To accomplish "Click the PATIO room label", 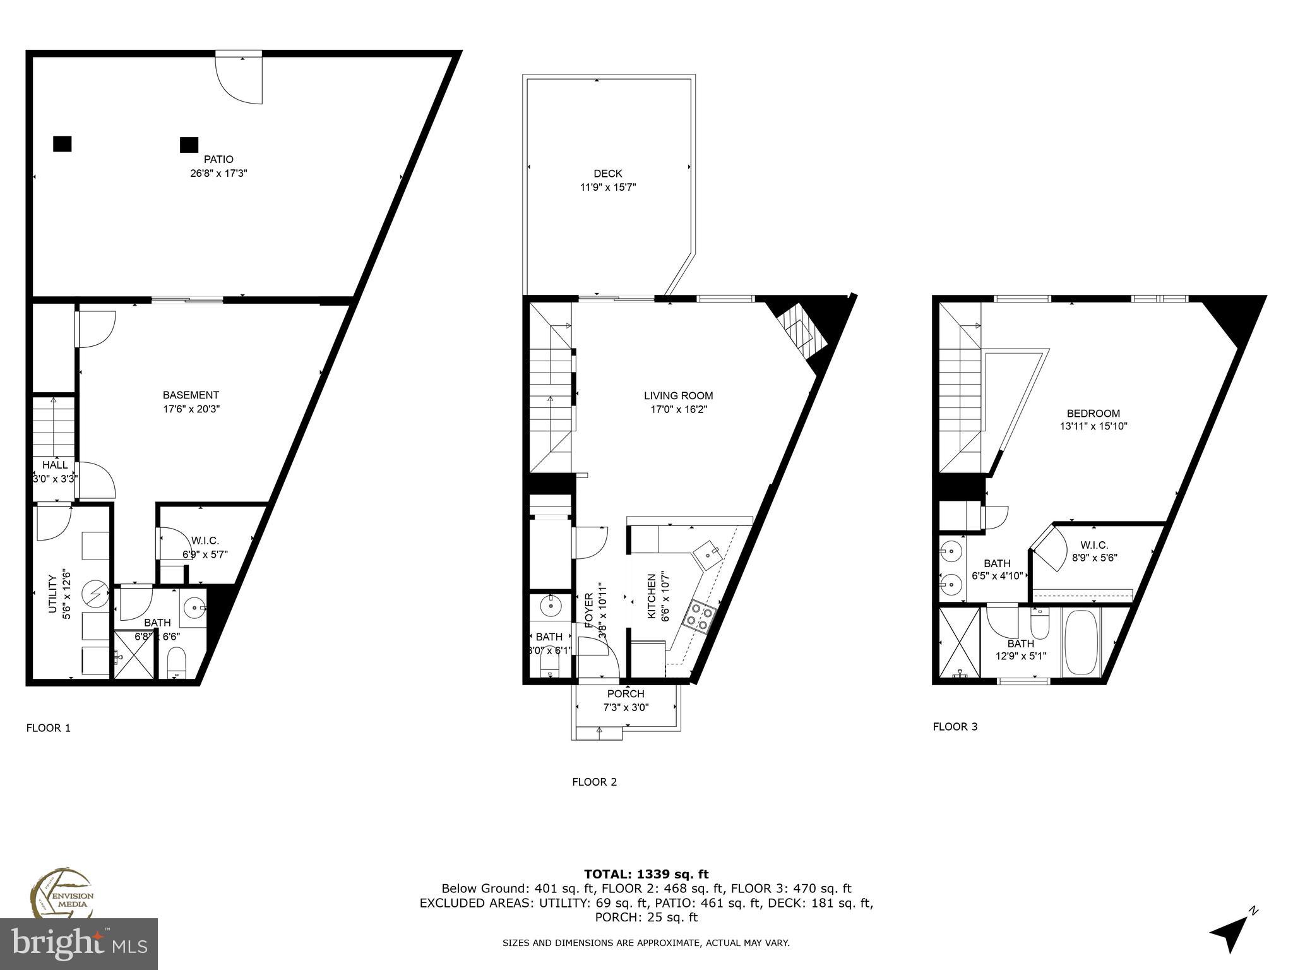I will tap(218, 160).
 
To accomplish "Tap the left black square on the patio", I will tap(62, 144).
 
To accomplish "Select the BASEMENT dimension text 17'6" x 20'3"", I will tap(191, 409).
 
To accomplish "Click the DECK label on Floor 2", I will tap(607, 174).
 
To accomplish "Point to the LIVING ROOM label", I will tap(678, 396).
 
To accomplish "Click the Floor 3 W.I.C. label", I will tap(1093, 545).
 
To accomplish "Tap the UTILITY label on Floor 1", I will tap(53, 594).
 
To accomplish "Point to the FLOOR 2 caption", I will tap(594, 782).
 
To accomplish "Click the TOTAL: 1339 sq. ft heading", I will tap(646, 874).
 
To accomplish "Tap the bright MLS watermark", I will tap(79, 943).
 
